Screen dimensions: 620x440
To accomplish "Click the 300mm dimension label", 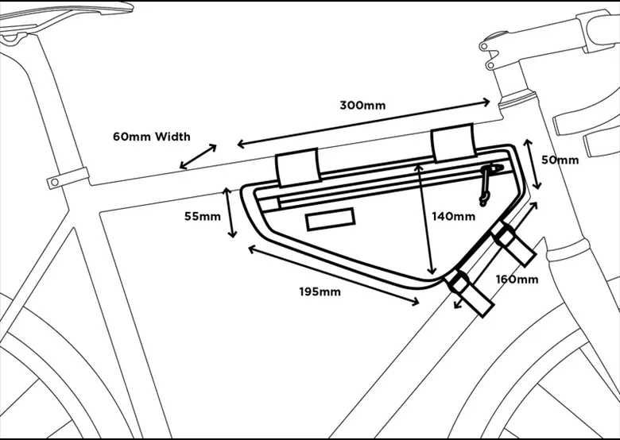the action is click(362, 106).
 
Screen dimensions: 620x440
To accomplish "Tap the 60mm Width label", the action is click(152, 137).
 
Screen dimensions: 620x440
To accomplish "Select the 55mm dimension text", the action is click(203, 217).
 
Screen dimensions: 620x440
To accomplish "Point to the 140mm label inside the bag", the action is click(454, 217).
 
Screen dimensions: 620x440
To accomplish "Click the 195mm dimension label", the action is click(320, 292).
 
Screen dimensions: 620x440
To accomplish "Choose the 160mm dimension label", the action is click(517, 280).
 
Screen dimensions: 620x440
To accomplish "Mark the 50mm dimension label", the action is click(560, 160).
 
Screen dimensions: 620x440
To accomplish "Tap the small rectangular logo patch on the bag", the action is click(331, 219).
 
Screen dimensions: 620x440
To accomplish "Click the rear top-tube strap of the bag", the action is click(299, 167).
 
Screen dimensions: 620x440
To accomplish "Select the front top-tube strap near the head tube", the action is click(453, 143).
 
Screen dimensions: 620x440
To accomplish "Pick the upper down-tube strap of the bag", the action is click(513, 243).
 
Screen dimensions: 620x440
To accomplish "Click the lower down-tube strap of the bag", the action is click(470, 293).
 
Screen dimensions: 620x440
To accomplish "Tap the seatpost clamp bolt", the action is click(55, 182).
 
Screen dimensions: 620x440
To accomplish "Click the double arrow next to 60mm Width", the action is click(198, 156).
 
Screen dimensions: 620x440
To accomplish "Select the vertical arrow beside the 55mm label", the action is click(231, 213).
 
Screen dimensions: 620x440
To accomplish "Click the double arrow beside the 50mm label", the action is click(532, 164).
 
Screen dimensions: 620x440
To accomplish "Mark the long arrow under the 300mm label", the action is click(363, 124).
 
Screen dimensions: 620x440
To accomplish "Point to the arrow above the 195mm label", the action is click(334, 276).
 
